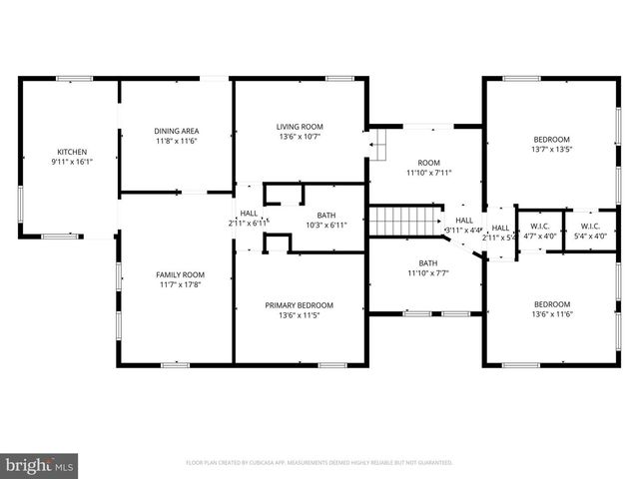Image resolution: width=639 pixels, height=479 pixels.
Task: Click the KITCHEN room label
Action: pos(72,152)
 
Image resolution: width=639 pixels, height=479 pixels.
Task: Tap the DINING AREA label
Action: pos(176,131)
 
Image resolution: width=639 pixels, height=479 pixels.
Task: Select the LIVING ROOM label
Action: pos(300,127)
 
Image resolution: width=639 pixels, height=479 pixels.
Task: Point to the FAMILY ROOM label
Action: pos(180,274)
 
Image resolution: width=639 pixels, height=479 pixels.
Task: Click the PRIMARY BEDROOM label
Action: pos(299,305)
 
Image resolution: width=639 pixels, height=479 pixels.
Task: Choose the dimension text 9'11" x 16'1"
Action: pos(72,162)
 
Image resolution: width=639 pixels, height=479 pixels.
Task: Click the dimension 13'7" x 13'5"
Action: pos(551,150)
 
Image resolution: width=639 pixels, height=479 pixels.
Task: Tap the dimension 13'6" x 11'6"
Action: pos(551,314)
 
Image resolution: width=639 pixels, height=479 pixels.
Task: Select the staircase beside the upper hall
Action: pos(405,219)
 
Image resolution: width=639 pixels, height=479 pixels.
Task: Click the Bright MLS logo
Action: pos(40,465)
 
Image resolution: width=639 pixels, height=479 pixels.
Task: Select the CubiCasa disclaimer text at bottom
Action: pos(319,463)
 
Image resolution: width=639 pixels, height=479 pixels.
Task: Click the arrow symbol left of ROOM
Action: pos(378,149)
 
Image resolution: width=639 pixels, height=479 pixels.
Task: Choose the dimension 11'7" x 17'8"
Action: pos(180,284)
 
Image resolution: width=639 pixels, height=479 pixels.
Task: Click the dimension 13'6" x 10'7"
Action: pos(300,137)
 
